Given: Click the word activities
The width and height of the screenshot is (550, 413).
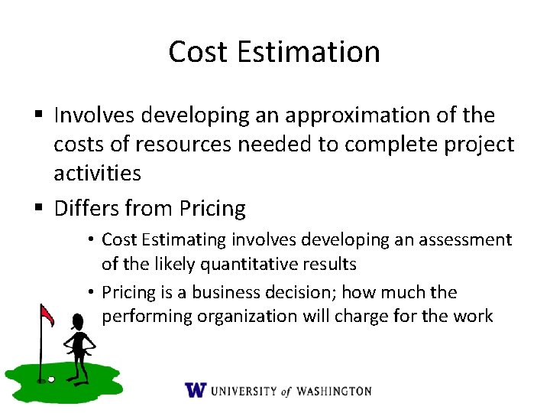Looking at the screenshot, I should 97,173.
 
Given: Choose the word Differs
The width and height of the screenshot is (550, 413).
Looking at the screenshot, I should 85,208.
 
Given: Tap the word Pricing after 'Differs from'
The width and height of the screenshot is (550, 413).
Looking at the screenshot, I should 212,208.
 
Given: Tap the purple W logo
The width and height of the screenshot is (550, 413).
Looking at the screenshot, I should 196,390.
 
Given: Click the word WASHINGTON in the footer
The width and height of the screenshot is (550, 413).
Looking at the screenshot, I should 333,391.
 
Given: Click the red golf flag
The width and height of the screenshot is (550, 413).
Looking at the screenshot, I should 47,314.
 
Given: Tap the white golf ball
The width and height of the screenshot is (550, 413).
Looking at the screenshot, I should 50,378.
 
